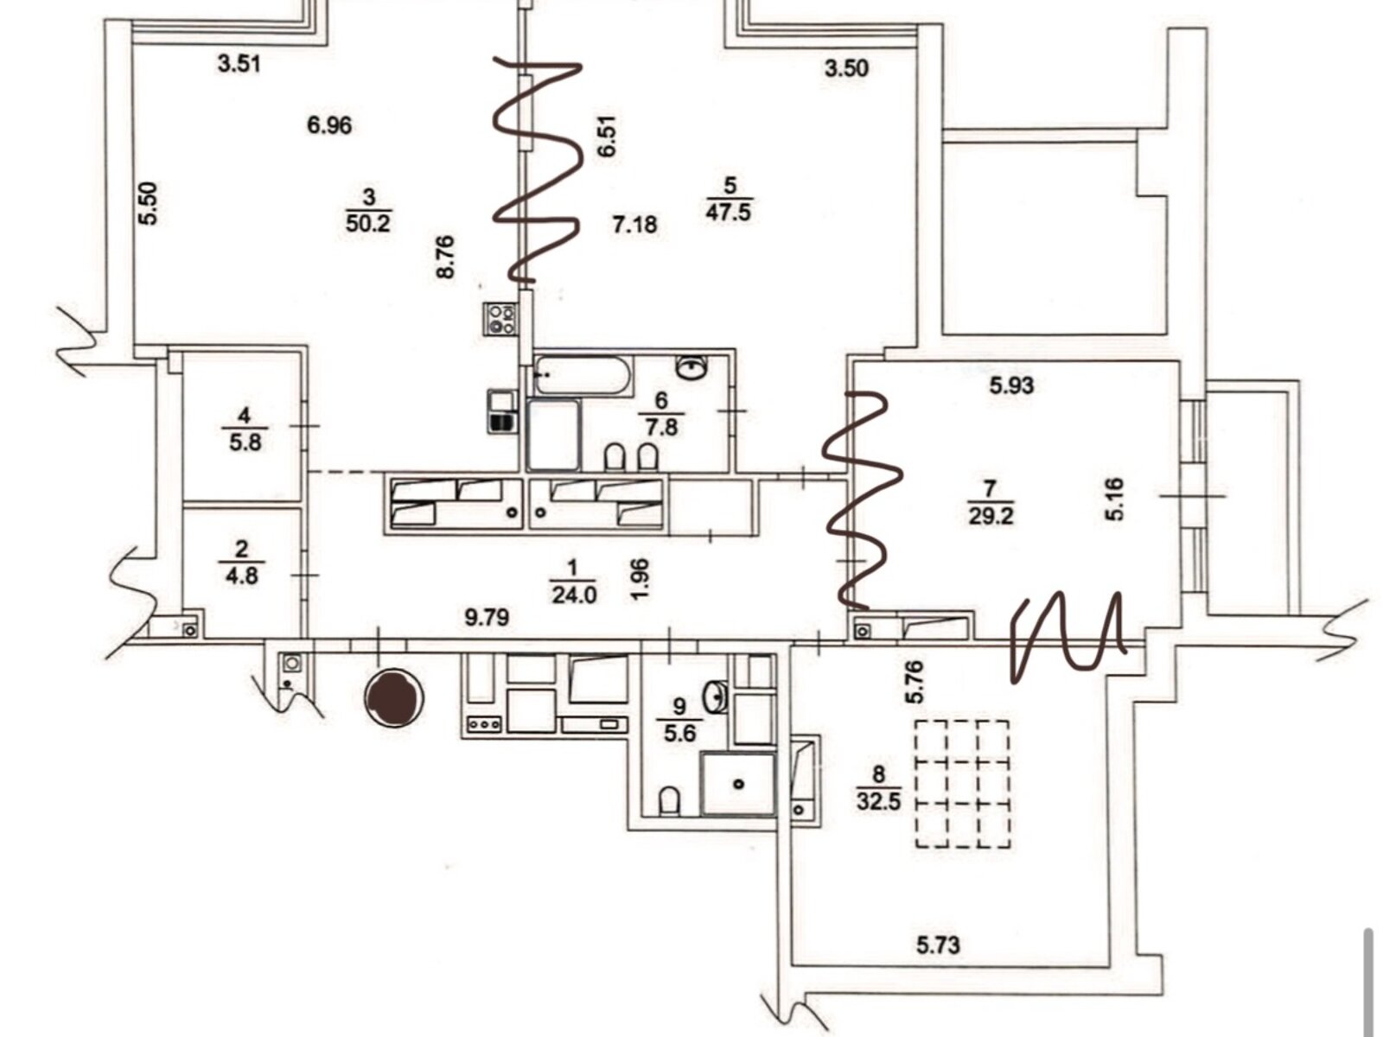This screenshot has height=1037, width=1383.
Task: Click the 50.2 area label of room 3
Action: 369,224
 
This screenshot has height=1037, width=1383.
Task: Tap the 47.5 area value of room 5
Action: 728,213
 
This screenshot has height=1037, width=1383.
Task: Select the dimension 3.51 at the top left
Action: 239,64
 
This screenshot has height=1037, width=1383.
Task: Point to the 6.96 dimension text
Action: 329,125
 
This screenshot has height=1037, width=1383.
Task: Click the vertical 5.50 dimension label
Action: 149,203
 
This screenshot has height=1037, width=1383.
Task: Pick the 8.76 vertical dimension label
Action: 446,257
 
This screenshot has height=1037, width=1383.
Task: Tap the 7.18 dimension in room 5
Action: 634,226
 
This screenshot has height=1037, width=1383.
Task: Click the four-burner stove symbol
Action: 500,319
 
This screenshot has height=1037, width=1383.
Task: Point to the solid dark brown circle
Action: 394,697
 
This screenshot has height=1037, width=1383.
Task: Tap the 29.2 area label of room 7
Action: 991,517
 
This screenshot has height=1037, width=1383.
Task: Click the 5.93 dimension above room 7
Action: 1011,385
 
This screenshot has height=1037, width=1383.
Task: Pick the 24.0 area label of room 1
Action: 573,595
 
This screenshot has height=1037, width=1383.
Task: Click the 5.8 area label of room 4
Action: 245,442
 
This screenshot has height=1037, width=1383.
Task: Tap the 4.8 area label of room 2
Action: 241,575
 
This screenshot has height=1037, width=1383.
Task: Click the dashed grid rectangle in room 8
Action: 962,784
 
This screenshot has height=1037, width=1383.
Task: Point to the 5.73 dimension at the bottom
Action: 938,945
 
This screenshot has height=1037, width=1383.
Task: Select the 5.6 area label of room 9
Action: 680,734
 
